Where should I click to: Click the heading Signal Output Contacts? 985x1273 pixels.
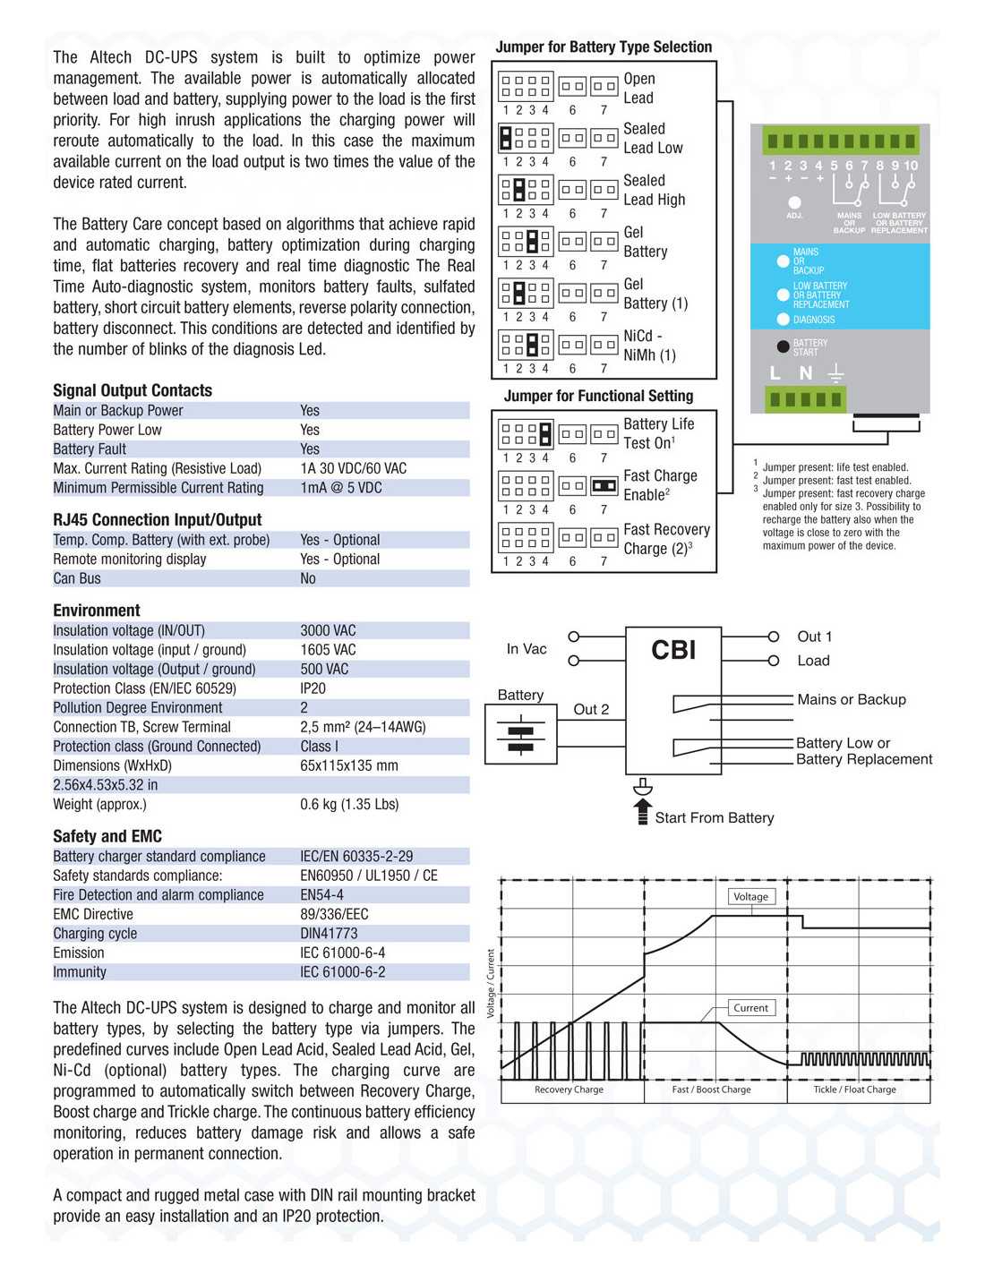133,390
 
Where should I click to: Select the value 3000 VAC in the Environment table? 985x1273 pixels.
328,630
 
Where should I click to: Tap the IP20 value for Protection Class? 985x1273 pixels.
313,688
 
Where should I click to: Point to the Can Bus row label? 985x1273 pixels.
77,578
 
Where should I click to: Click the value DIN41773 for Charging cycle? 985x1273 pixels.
329,933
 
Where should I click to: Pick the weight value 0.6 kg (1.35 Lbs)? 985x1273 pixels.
349,804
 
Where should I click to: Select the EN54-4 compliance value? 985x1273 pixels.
321,894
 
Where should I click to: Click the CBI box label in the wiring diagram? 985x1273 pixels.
673,650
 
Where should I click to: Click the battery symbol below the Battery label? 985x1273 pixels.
520,737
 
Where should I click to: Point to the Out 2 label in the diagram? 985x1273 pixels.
591,709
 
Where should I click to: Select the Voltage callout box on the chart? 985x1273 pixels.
750,896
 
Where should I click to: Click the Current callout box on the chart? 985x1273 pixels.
750,1007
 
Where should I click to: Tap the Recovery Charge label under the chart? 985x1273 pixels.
569,1089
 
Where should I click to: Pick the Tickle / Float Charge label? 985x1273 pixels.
854,1089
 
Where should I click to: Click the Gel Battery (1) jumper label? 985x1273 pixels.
655,294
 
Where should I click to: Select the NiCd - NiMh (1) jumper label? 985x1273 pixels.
649,346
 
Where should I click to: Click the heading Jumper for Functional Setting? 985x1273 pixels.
598,396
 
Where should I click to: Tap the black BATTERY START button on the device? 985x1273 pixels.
783,346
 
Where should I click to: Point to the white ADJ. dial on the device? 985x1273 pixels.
794,202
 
